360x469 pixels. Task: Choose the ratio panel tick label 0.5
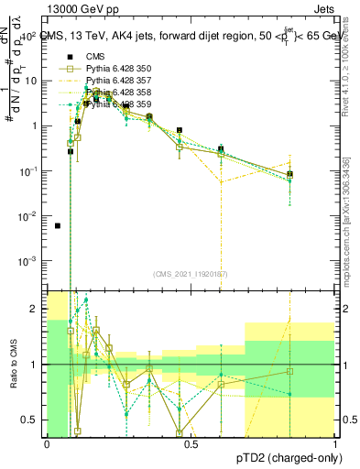pos(32,420)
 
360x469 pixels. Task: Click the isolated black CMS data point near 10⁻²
pos(58,225)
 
